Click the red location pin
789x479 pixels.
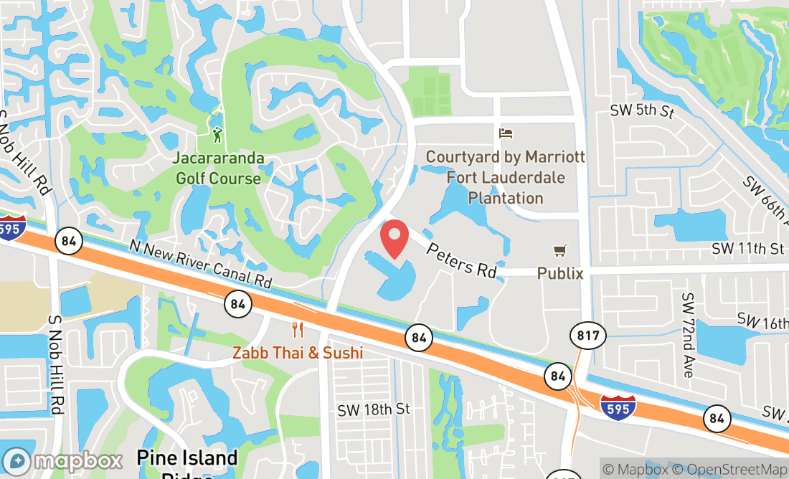(x=394, y=239)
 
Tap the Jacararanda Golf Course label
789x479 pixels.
(x=218, y=168)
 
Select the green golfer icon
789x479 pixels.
(x=217, y=134)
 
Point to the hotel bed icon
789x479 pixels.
(x=506, y=133)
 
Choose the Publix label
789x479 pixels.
(x=560, y=273)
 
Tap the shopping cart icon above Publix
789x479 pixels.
(x=560, y=250)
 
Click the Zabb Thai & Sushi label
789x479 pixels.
(x=297, y=353)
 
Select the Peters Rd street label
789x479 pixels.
(x=461, y=260)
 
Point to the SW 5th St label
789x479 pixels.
(x=643, y=111)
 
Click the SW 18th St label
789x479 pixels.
(x=374, y=409)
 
